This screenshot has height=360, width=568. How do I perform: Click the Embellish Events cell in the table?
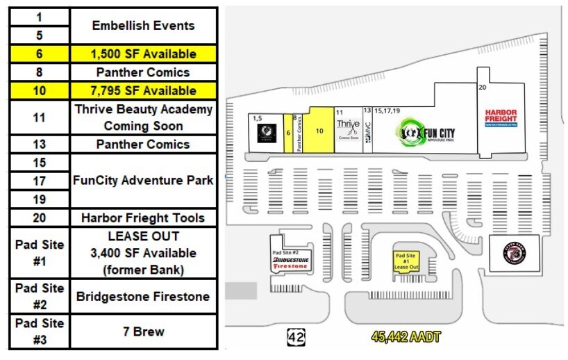coord(144,26)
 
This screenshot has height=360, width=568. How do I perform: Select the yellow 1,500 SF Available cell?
coord(144,54)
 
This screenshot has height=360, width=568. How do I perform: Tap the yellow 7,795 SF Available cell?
coord(144,90)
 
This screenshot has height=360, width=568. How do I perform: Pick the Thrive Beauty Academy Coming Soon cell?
coord(144,117)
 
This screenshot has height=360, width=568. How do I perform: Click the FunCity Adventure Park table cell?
coord(144,181)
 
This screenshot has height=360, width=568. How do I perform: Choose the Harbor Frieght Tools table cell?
coord(144,218)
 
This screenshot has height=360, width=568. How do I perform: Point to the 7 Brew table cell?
coord(144,332)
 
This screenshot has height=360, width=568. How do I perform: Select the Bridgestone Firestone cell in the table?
coord(144,297)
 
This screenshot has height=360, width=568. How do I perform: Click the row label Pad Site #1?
coord(40,253)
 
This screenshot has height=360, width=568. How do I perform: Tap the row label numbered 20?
coord(40,218)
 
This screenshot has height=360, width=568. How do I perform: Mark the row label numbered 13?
coord(40,145)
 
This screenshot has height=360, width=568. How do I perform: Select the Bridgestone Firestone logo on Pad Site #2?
coord(290,262)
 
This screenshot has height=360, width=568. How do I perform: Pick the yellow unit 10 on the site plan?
coord(319,130)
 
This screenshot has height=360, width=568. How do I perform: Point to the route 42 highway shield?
coord(296,338)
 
